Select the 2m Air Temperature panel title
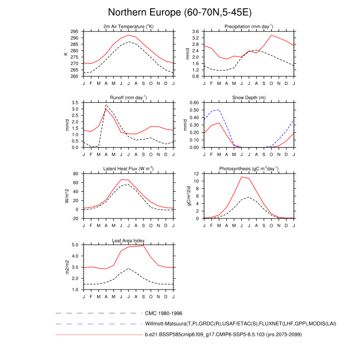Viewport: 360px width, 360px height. pos(128,26)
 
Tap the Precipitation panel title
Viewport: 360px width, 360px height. pos(248,26)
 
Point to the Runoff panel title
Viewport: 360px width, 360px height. pos(128,97)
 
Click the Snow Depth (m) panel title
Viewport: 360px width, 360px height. pos(248,97)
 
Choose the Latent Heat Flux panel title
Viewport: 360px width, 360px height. pos(128,169)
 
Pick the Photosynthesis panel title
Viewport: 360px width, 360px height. pos(248,169)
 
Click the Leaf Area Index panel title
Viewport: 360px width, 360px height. pos(128,240)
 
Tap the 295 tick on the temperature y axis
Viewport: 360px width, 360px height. pos(75,32)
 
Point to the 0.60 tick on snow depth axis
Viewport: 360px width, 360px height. pos(195,103)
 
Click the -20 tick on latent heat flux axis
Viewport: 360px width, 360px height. pos(75,219)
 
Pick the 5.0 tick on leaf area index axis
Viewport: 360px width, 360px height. pos(76,245)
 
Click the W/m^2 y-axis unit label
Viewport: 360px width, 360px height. pos(66,196)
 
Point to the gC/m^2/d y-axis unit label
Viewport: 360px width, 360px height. pos(188,196)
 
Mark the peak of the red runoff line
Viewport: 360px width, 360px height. pos(106,109)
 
